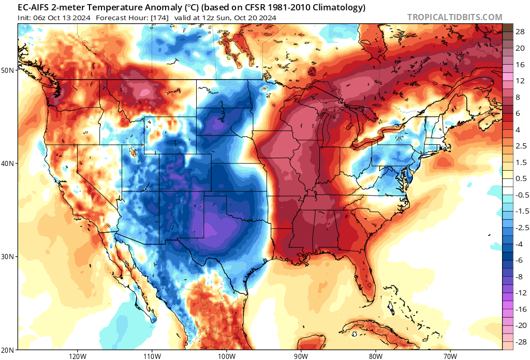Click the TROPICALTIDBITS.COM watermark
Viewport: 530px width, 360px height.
click(454, 17)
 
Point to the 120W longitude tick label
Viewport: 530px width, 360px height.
click(77, 356)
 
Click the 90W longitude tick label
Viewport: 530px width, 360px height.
click(301, 356)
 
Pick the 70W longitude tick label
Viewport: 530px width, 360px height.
click(450, 356)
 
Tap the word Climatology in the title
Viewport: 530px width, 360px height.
click(338, 8)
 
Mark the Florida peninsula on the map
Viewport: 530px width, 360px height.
click(365, 274)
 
